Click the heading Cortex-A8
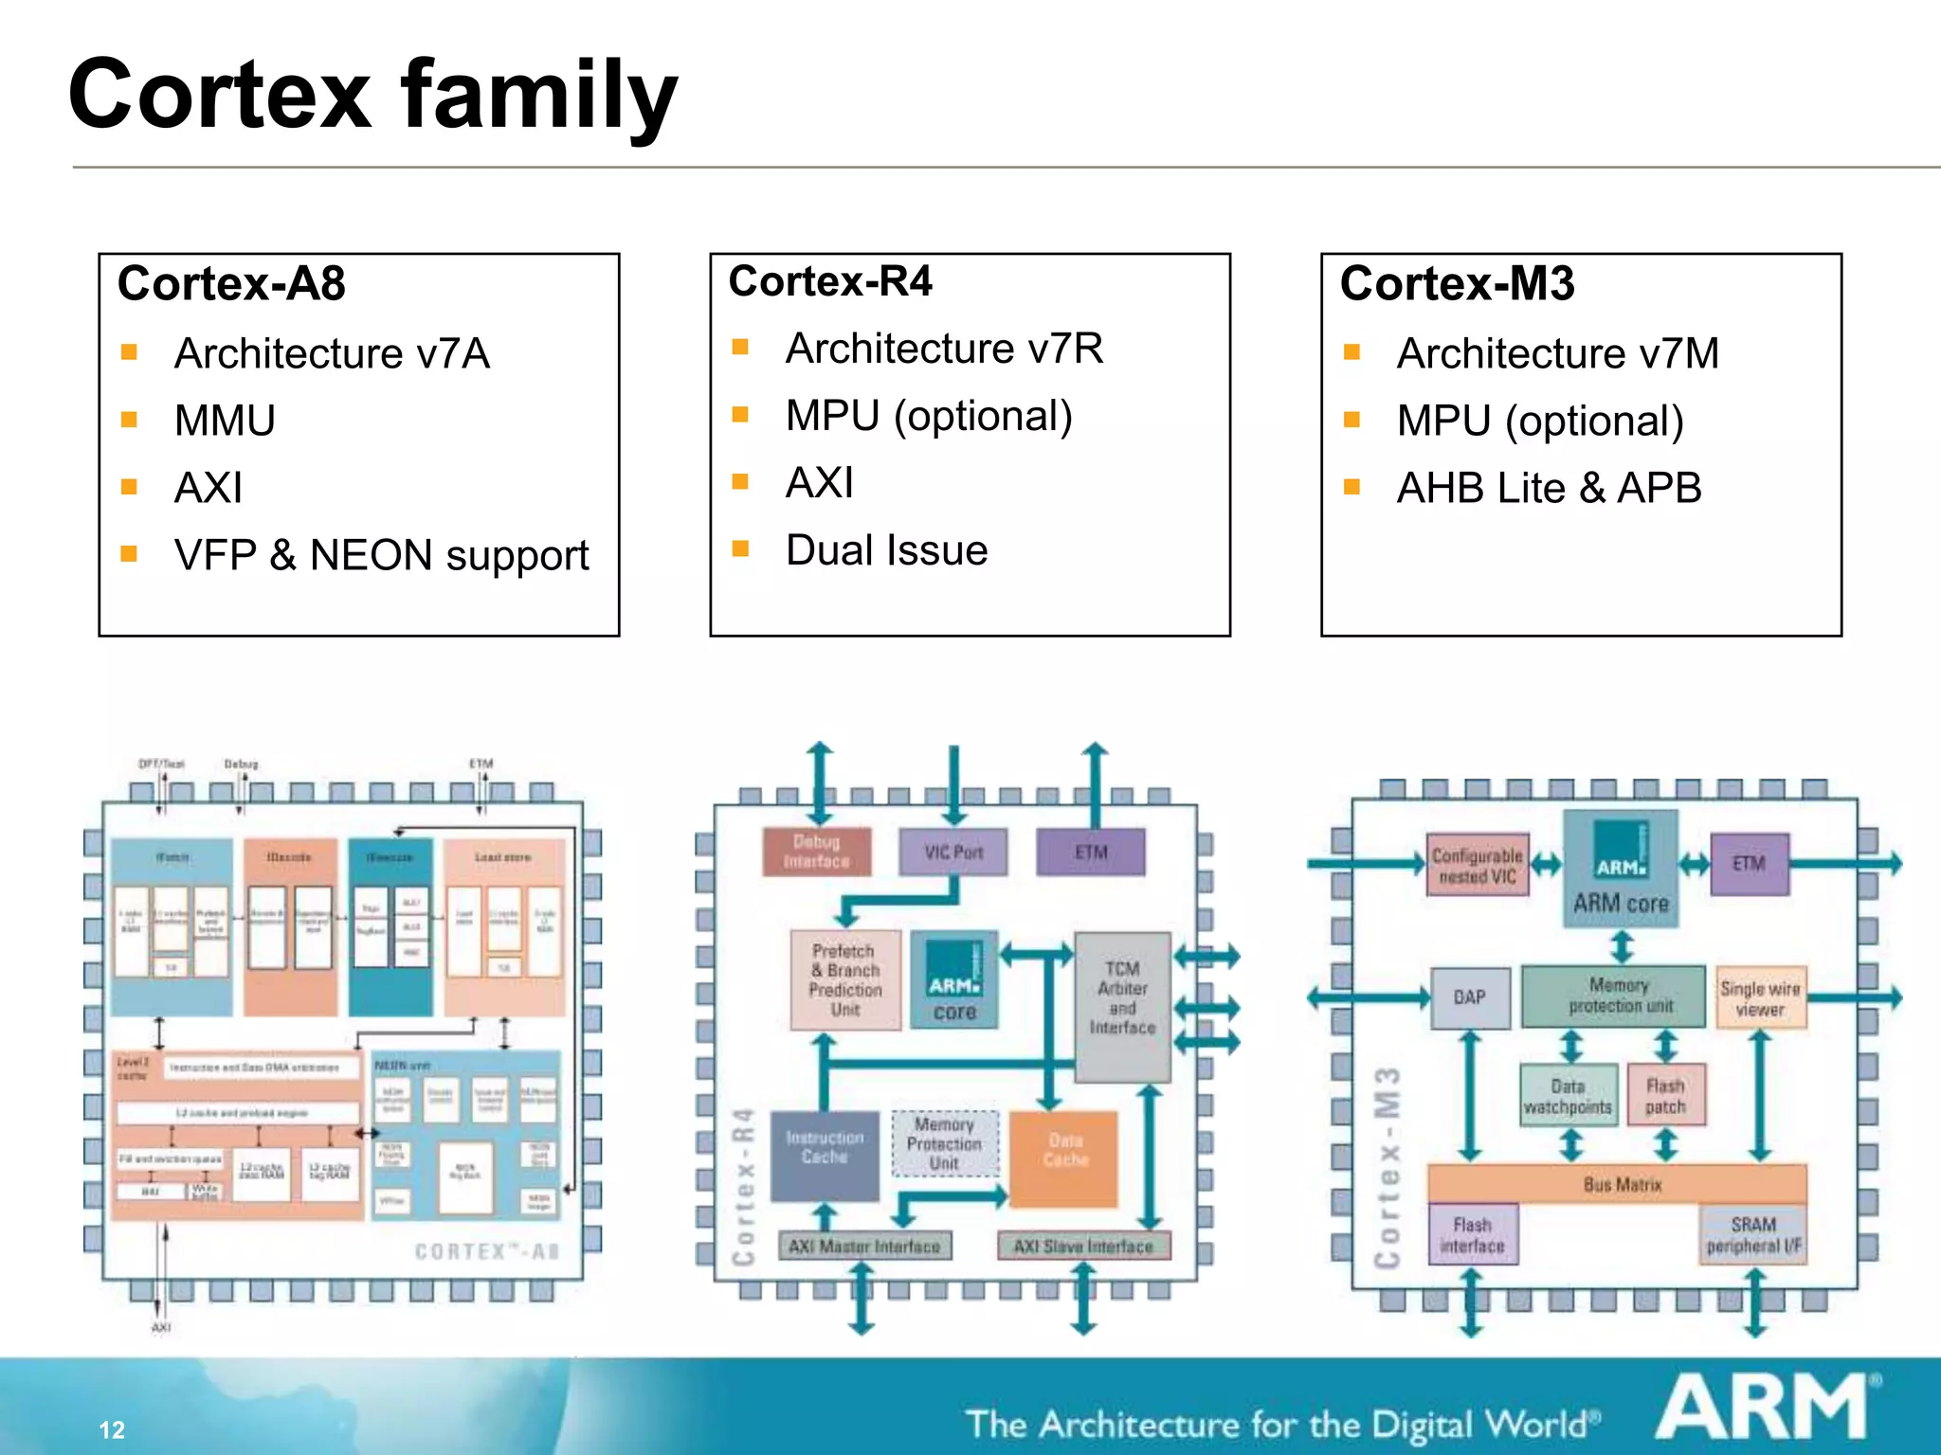click(231, 283)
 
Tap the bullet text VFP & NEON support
click(381, 555)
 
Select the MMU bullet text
click(225, 421)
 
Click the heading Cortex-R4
click(830, 281)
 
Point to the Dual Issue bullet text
click(886, 550)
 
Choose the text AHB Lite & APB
click(1549, 488)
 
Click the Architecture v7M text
click(1557, 353)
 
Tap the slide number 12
click(112, 1429)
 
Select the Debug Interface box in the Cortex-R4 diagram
click(816, 852)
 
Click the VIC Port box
click(953, 852)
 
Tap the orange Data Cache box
click(1064, 1158)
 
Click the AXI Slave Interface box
click(1083, 1247)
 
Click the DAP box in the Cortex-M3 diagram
click(1469, 997)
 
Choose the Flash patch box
click(1665, 1095)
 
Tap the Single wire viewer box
click(1760, 997)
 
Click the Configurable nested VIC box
click(1476, 865)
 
